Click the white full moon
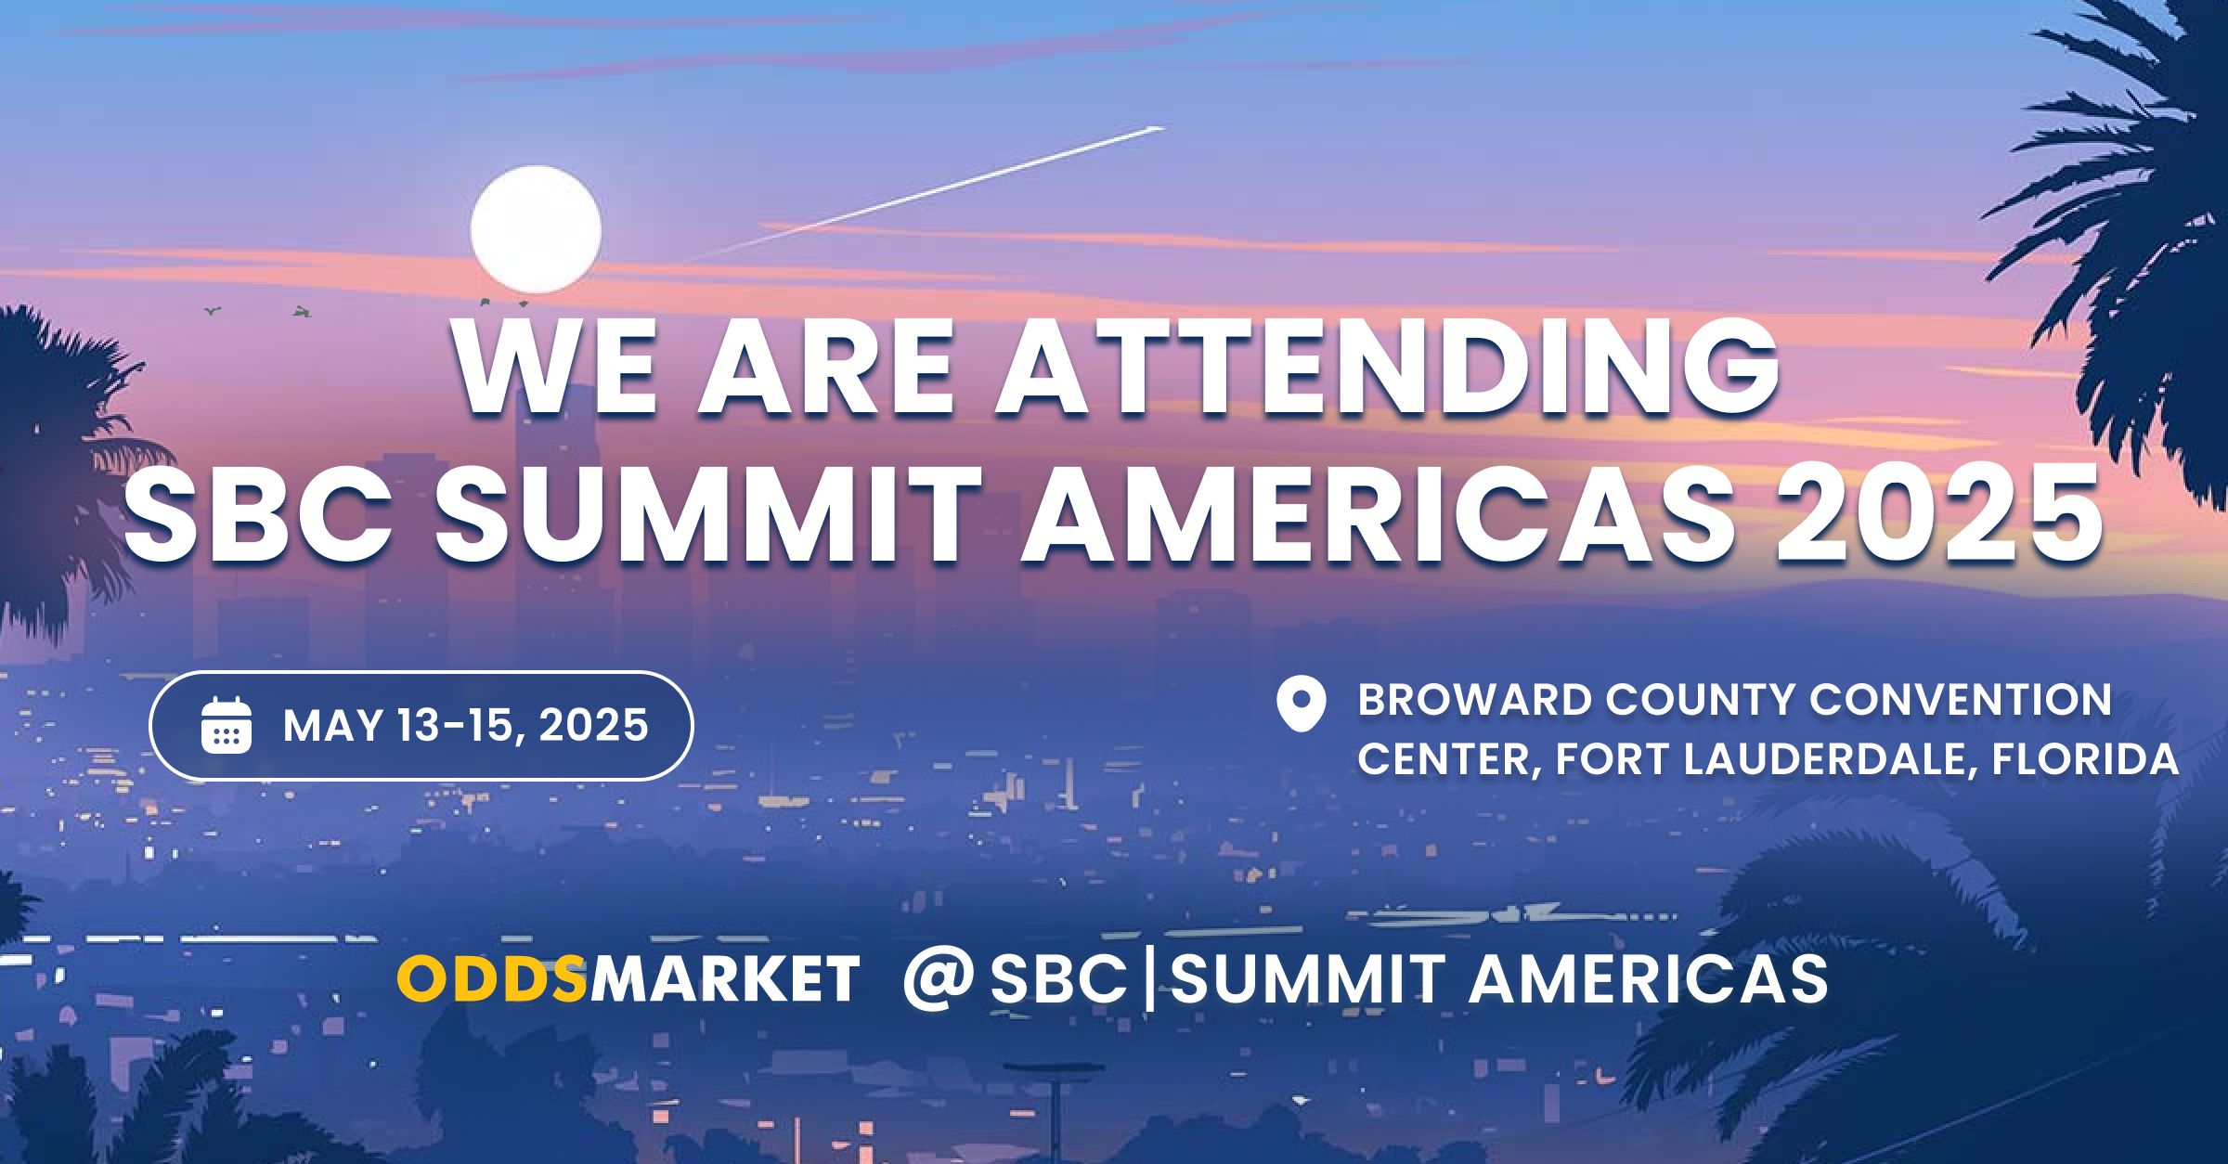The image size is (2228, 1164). [x=536, y=229]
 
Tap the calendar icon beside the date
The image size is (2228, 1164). [x=227, y=725]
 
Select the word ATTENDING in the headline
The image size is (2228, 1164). [x=1388, y=367]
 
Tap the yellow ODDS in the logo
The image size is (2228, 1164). [x=492, y=978]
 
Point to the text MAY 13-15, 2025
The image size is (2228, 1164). [x=466, y=725]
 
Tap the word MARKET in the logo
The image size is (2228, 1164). [x=725, y=978]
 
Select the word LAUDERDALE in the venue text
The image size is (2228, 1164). [x=1824, y=759]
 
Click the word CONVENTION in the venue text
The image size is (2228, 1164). [x=1961, y=700]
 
